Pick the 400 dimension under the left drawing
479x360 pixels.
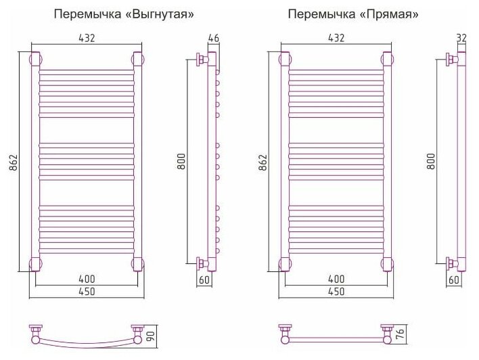[87, 279]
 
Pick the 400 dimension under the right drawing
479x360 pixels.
[336, 279]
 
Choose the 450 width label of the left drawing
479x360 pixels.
[87, 292]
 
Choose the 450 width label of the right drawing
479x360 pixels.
[336, 292]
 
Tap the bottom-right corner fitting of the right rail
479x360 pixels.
[387, 263]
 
